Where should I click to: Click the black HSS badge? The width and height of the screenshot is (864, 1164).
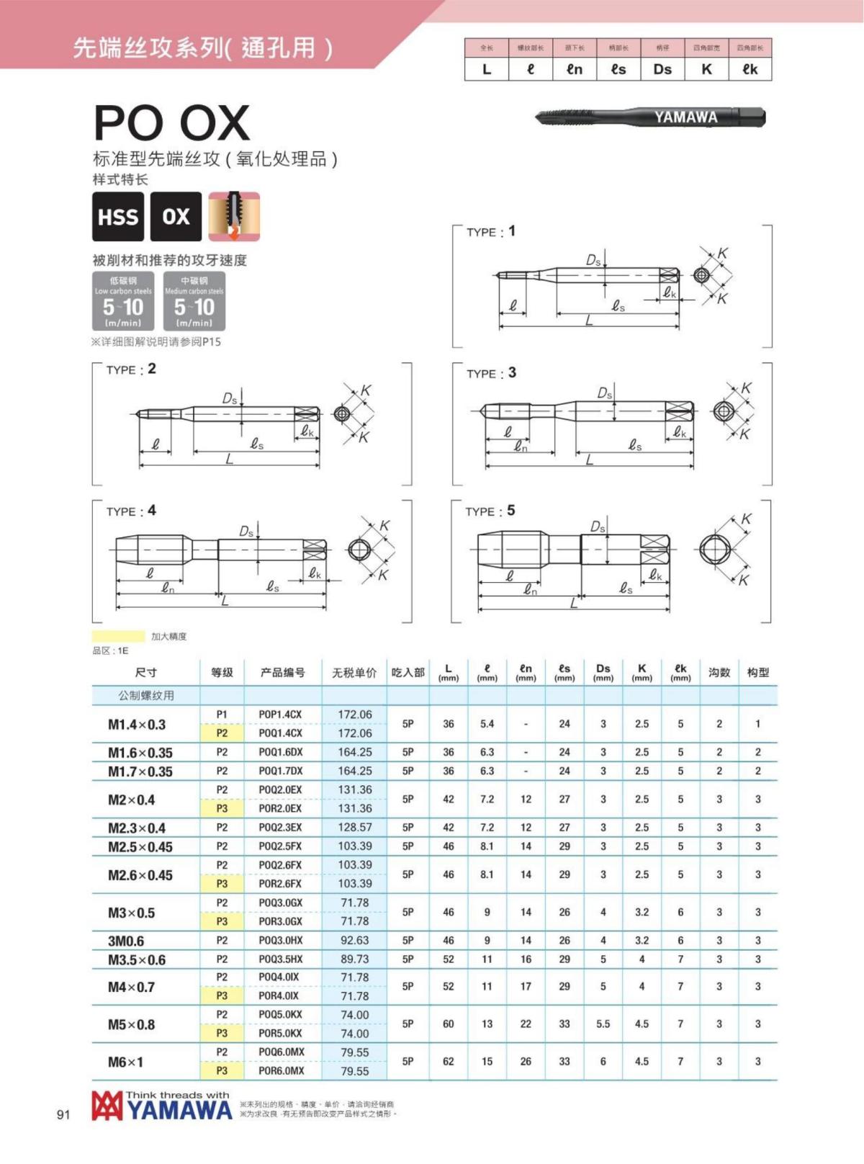coord(118,217)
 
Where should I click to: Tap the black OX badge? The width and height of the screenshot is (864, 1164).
coord(176,217)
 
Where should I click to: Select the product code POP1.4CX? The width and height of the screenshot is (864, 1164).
coord(280,715)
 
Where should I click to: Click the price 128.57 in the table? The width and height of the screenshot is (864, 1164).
coord(355,828)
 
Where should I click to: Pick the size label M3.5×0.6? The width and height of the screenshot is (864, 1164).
coord(137,959)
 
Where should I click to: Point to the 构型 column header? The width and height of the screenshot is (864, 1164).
coord(757,672)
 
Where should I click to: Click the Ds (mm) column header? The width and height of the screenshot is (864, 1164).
coord(603,672)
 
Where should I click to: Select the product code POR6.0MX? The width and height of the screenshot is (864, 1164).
coord(281,1071)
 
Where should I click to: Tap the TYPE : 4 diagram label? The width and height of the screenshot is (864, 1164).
coord(131,511)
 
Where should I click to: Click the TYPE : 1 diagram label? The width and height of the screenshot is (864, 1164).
coord(490,231)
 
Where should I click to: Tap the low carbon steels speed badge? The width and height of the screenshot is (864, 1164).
coord(123,301)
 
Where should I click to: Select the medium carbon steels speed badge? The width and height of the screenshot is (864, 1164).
coord(194,301)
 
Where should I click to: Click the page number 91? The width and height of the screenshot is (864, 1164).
coord(63,1115)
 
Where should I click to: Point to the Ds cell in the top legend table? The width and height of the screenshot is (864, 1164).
coord(662,69)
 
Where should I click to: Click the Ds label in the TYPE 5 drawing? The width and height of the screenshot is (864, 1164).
coord(598,527)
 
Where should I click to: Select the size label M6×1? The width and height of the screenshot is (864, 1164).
coord(126,1062)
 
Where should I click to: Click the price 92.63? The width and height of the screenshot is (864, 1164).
coord(355,941)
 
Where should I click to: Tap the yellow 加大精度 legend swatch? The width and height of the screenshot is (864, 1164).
coord(118,637)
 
